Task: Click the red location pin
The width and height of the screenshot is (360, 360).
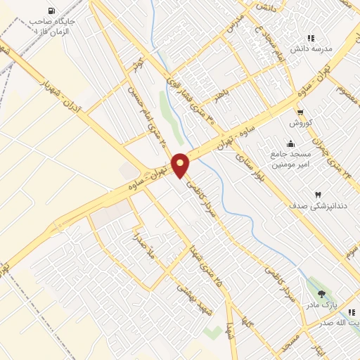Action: point(181,165)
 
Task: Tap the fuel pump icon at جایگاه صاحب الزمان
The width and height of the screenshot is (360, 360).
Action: point(51,11)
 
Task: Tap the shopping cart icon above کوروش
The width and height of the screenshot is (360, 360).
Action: point(300,112)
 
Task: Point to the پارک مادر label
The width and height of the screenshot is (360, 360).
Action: point(321,306)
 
